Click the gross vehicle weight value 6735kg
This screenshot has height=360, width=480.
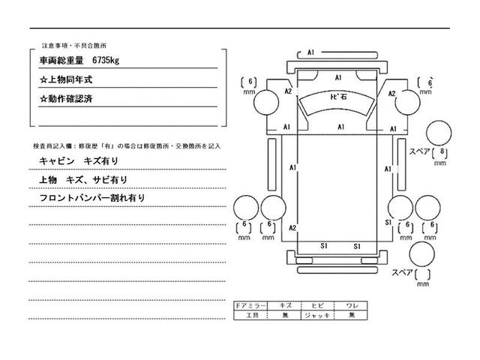coord(109,58)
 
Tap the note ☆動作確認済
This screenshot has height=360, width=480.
coord(73,98)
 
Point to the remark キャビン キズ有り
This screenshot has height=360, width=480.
coord(78,161)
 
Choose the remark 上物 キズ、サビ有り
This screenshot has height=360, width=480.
coord(82,180)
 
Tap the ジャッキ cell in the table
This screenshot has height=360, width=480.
coord(317,316)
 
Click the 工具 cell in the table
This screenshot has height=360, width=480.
coord(250,316)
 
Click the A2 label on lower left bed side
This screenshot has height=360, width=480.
coord(293,227)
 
